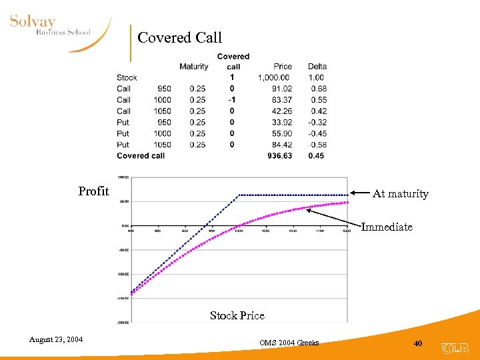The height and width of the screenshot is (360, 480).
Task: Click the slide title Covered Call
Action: point(179,38)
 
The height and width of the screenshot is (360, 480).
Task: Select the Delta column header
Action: point(317,67)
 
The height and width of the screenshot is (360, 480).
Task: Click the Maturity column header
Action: point(193,67)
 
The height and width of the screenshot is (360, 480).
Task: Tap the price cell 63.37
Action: point(282,100)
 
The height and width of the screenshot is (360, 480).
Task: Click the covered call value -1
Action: point(232,100)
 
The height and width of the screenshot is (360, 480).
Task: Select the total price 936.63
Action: point(280,156)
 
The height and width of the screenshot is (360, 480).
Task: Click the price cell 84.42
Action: point(282,145)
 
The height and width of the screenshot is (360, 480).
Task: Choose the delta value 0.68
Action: point(318,89)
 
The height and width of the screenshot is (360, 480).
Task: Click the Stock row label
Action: point(127,77)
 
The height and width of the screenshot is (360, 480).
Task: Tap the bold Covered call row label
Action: point(141,156)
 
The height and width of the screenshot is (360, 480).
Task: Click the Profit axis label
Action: point(93,192)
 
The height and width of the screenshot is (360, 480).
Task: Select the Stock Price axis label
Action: point(237,316)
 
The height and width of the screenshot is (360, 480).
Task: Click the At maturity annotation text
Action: point(400,194)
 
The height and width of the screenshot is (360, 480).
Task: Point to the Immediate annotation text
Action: point(387,227)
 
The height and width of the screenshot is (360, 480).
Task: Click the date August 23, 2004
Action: point(56,340)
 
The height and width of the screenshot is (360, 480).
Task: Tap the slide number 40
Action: point(418,343)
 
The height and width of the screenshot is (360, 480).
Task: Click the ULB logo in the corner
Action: point(455,347)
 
